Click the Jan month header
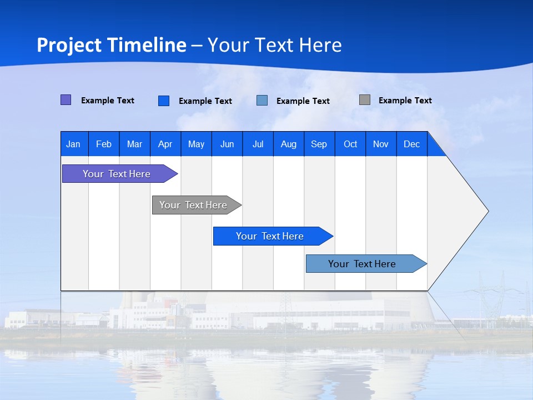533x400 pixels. click(x=74, y=144)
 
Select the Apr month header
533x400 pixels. click(x=165, y=144)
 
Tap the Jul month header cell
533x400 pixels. click(x=258, y=144)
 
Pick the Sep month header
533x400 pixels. click(x=319, y=144)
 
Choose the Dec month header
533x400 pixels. click(x=411, y=144)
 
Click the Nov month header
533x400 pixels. click(x=381, y=144)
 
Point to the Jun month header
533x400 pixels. click(x=227, y=144)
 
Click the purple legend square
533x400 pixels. click(x=66, y=100)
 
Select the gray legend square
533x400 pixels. click(x=365, y=100)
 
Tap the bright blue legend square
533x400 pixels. click(x=164, y=101)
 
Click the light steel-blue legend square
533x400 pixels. click(x=262, y=101)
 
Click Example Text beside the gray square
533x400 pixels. click(x=405, y=101)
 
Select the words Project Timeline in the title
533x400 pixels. click(x=112, y=45)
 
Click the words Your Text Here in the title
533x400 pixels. click(x=274, y=45)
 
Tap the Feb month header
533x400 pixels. click(x=104, y=144)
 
